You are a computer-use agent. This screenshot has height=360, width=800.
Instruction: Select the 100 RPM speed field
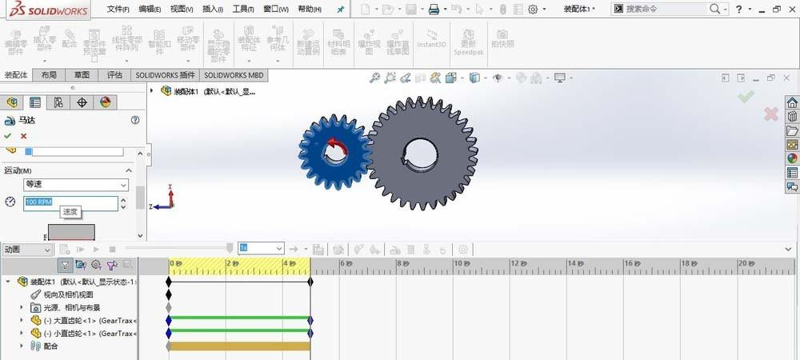(x=70, y=202)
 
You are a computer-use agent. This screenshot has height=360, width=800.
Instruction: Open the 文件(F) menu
(x=118, y=10)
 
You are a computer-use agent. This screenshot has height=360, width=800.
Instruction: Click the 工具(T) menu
(x=242, y=10)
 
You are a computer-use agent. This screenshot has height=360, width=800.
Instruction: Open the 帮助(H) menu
(x=310, y=10)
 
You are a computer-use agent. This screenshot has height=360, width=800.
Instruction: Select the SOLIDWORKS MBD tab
(x=233, y=75)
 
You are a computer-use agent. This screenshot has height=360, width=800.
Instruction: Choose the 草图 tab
(x=82, y=75)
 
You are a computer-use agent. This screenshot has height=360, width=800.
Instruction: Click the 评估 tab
(x=114, y=75)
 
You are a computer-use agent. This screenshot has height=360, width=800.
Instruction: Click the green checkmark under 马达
(x=8, y=136)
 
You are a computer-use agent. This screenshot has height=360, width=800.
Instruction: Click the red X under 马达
(x=23, y=136)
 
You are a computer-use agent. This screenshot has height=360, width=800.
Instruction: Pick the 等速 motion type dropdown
(x=75, y=185)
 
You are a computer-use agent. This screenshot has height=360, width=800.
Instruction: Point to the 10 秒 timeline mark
(x=459, y=263)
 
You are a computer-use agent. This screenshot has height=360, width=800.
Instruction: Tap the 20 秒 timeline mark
(x=744, y=263)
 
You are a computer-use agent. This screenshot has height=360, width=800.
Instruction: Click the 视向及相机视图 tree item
(x=68, y=294)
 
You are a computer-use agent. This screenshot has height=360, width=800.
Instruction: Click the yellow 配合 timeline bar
(x=239, y=346)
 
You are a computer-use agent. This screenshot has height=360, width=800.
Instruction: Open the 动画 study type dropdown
(x=27, y=250)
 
